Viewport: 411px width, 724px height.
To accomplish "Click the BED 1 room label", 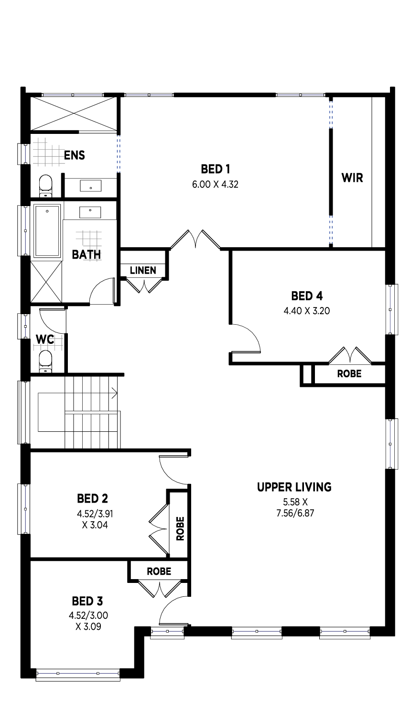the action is [x=215, y=169].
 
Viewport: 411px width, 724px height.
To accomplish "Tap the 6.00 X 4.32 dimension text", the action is [x=215, y=184].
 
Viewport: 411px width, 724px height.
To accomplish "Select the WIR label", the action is [x=352, y=178].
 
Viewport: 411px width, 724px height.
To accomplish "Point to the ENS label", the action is [x=75, y=155].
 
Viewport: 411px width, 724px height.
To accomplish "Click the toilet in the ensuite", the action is [x=45, y=186].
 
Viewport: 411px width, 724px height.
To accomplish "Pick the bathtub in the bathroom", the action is [x=47, y=231].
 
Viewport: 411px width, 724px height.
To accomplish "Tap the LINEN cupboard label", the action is [x=143, y=270].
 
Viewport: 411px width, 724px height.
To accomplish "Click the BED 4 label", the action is [x=307, y=296].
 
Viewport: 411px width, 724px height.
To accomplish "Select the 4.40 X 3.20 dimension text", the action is [x=307, y=311].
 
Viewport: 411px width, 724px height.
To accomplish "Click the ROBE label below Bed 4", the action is [x=349, y=373].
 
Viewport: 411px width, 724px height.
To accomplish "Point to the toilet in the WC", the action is [x=45, y=362].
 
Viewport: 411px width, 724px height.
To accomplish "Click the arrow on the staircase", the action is [x=114, y=394].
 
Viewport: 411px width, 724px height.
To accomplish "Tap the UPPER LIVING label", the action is [x=294, y=487].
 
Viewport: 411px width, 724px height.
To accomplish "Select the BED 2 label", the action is [x=92, y=498].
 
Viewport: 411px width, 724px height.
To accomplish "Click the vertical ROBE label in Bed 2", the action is [x=180, y=528].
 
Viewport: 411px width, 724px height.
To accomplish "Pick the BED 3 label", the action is [x=87, y=601].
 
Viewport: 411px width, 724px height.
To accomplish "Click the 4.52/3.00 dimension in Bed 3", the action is [x=88, y=615].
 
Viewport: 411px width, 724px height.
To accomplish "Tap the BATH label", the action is [x=87, y=255].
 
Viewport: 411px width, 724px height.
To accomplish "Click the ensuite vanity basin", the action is [x=90, y=186].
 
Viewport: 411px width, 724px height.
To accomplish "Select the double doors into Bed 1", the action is [x=195, y=239].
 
